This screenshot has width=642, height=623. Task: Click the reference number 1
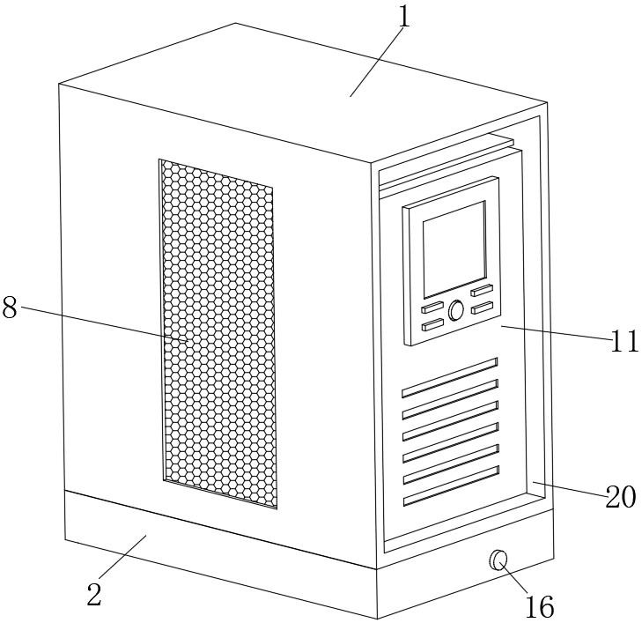(403, 18)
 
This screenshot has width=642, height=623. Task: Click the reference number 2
(94, 595)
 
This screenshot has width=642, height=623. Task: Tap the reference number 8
(10, 308)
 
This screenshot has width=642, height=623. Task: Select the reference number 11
(624, 341)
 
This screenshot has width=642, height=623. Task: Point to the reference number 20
(621, 498)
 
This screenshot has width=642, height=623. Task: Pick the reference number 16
(541, 605)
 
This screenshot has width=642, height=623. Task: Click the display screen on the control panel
(454, 248)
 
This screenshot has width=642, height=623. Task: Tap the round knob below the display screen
(456, 310)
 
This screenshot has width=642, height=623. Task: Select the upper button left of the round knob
(433, 309)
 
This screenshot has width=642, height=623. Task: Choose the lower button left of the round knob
(433, 325)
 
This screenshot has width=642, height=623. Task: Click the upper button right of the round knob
(481, 291)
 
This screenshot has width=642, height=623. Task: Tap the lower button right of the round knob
(482, 308)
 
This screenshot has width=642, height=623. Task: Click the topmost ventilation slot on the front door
(450, 377)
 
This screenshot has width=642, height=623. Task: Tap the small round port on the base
(498, 559)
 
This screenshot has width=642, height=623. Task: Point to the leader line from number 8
(106, 323)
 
